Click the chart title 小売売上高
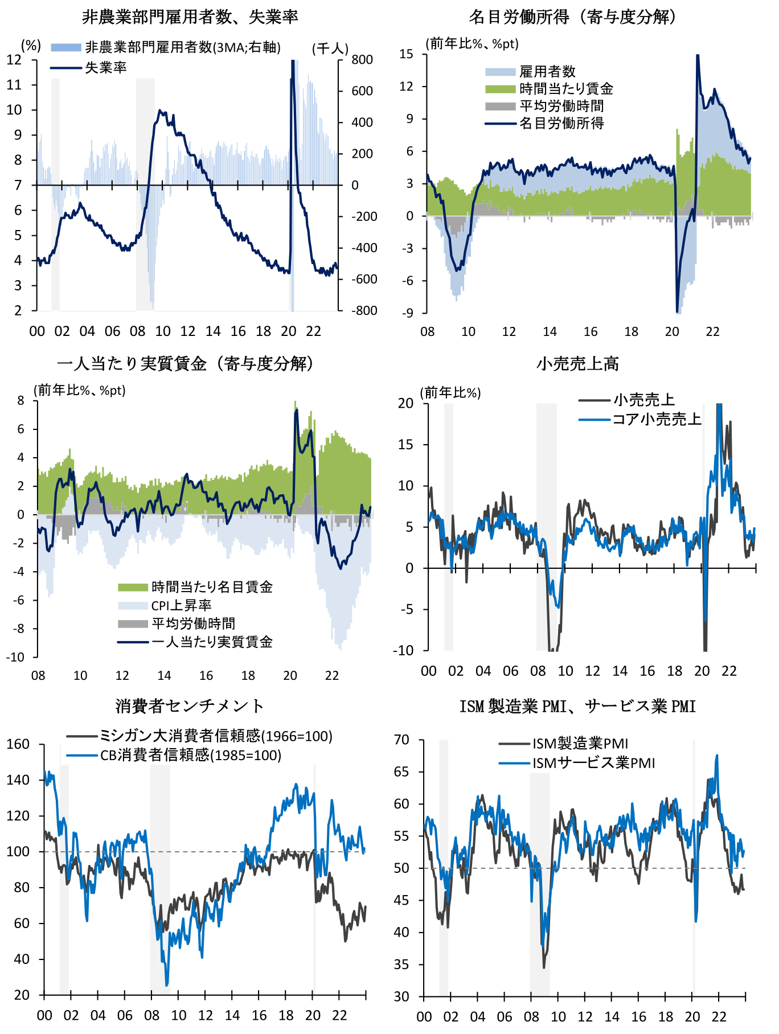tap(577, 364)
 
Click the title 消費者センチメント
tap(190, 706)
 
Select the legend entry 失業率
tap(106, 68)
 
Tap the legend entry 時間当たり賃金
tap(566, 89)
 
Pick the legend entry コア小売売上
tap(657, 420)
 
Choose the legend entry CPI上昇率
tap(181, 605)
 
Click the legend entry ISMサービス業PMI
tap(593, 763)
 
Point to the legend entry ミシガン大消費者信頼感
tap(216, 736)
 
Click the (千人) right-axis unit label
tap(330, 49)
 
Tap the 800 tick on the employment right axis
tap(362, 60)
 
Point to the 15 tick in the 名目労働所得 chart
tap(406, 54)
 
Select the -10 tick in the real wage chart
tap(15, 657)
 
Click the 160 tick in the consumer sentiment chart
tap(18, 744)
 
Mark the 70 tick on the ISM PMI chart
tap(401, 740)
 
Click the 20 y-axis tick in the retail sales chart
tap(405, 403)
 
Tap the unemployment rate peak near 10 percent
tap(160, 111)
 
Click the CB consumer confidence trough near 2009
tap(167, 985)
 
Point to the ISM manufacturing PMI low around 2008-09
tap(544, 967)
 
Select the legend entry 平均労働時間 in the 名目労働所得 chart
tap(561, 106)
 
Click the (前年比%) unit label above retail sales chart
tap(450, 393)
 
